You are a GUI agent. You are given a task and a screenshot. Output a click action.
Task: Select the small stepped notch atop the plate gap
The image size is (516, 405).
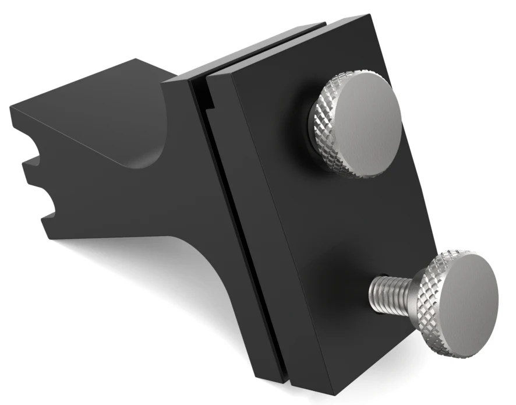pos(205,99)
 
